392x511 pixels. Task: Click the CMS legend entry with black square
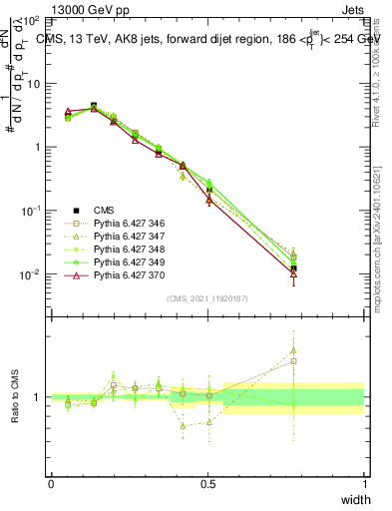[x=105, y=210]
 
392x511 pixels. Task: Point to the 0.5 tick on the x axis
[x=207, y=483]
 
